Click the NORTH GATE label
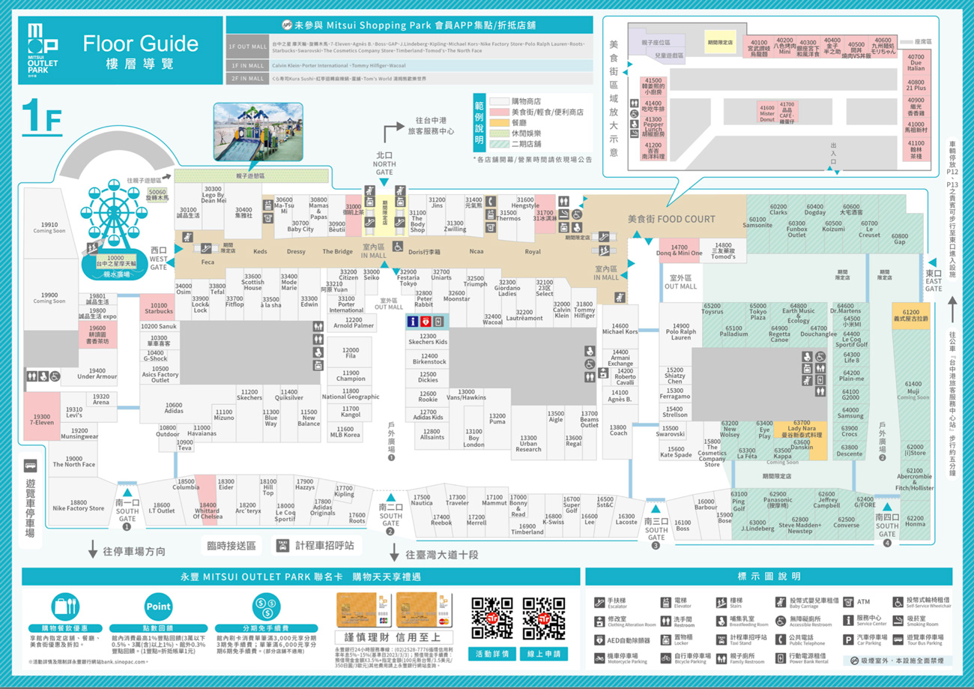[x=384, y=164]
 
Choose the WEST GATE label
[x=159, y=258]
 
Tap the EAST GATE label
[x=933, y=280]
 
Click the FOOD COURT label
[x=671, y=219]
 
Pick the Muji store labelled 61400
[x=913, y=390]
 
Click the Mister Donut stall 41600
[x=766, y=113]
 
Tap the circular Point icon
[x=158, y=607]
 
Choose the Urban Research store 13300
[x=528, y=443]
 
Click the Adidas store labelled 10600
[x=174, y=408]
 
